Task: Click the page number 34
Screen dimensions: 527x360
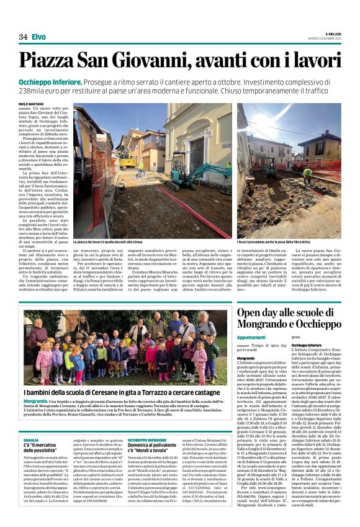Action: coord(22,37)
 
